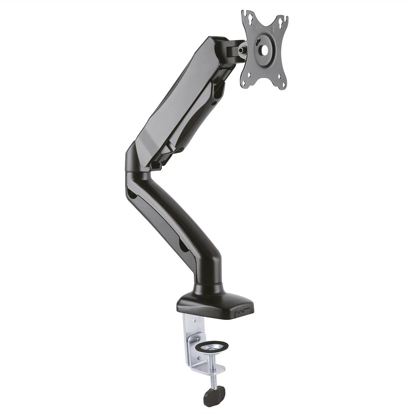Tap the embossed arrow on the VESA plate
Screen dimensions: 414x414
pyautogui.click(x=272, y=29)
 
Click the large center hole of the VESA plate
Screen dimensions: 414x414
pyautogui.click(x=265, y=49)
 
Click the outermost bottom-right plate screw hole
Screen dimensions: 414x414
pyautogui.click(x=284, y=85)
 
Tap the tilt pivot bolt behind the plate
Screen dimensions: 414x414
pyautogui.click(x=243, y=49)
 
